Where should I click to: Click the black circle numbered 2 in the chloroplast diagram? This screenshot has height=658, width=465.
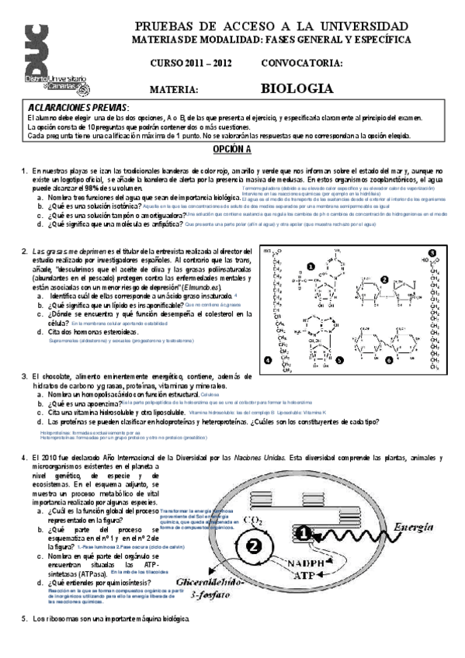pos(254,545)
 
